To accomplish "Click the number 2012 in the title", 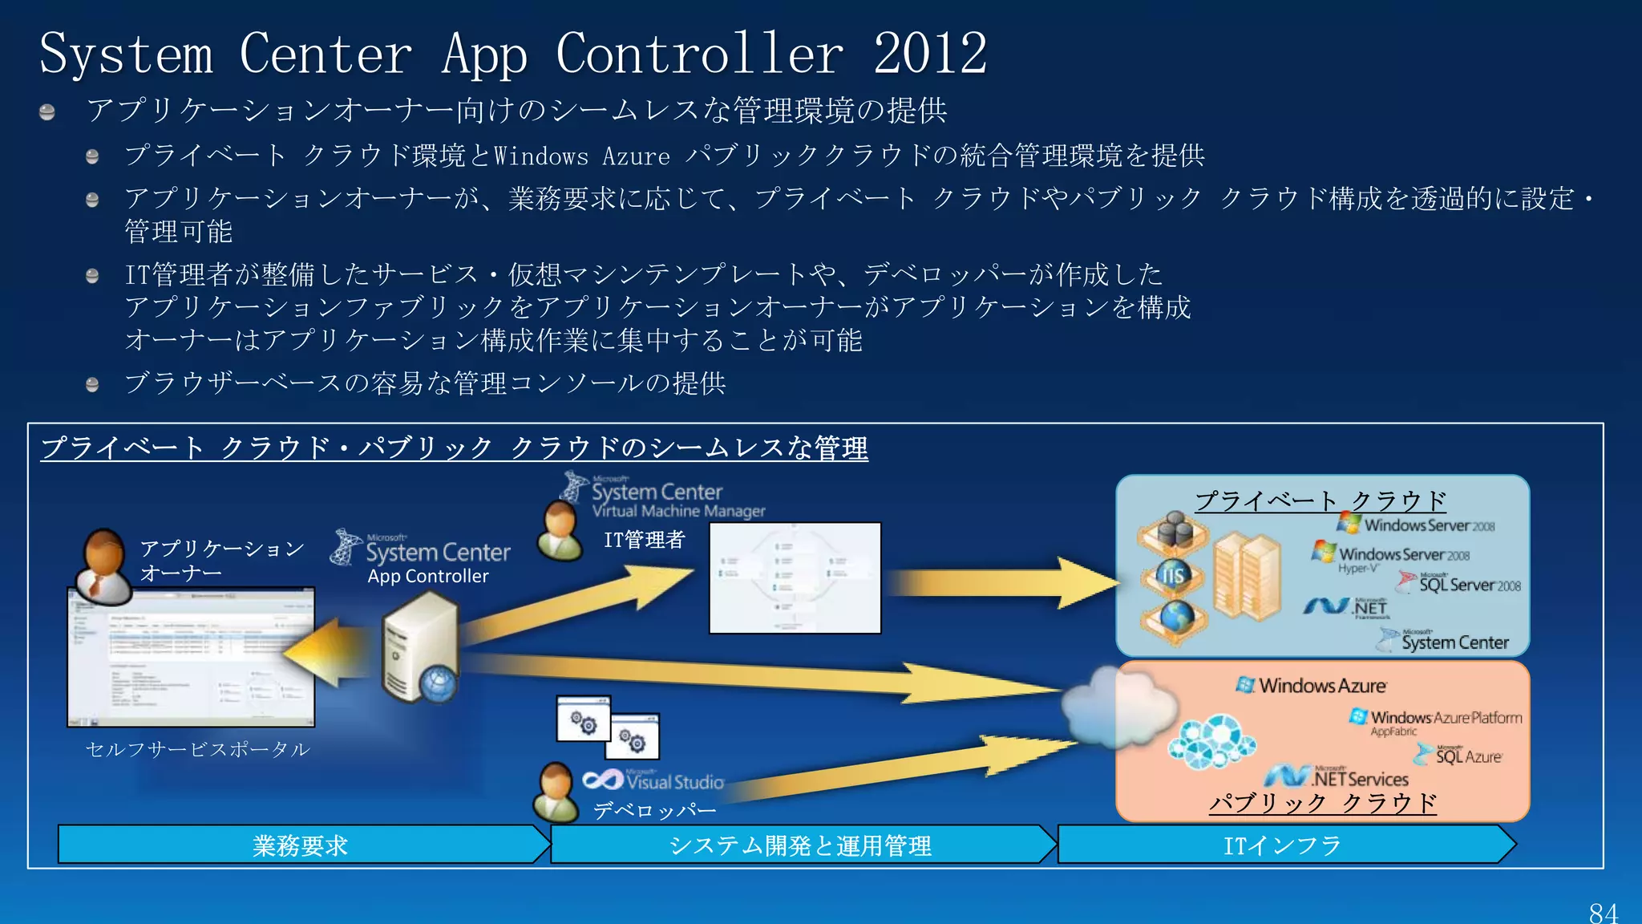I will pos(930,55).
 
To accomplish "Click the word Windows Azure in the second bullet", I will pos(581,156).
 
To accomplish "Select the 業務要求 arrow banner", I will pos(301,845).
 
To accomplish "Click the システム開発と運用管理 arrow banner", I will pos(800,845).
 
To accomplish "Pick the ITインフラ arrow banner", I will pos(1283,845).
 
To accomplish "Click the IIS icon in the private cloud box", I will pos(1173,575).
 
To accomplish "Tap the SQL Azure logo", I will pos(1459,756).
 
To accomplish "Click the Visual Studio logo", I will pos(654,780).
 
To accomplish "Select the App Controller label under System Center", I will pos(427,576).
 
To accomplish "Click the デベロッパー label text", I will pos(654,810).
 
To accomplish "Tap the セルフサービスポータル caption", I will pos(197,749).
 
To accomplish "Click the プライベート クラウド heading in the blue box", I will pos(1320,500).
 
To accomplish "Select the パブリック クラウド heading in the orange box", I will pos(1322,802).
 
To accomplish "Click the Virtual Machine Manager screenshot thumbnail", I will pos(795,577).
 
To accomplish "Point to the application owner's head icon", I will pos(105,553).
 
